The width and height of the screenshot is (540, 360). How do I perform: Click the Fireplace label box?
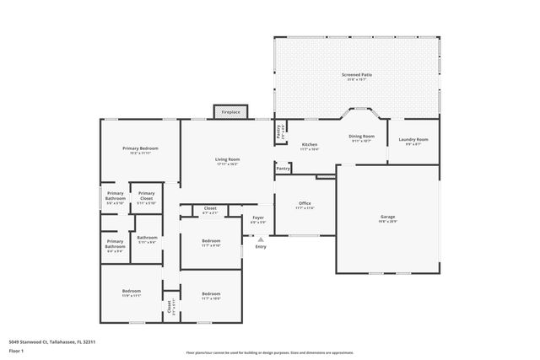tap(231, 112)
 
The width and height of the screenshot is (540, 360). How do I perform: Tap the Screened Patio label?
tap(356, 75)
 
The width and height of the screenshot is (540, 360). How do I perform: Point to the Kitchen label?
tap(310, 144)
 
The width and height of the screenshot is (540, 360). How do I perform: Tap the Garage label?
tap(387, 217)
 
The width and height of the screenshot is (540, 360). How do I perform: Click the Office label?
tap(305, 203)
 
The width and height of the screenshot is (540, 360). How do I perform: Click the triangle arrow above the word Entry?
tap(260, 239)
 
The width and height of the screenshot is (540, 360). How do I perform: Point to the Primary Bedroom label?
tap(140, 148)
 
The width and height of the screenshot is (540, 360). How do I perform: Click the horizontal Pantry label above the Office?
tap(283, 169)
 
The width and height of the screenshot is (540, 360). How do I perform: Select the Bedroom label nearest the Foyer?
tap(210, 241)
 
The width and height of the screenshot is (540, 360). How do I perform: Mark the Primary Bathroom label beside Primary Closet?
tap(114, 196)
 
